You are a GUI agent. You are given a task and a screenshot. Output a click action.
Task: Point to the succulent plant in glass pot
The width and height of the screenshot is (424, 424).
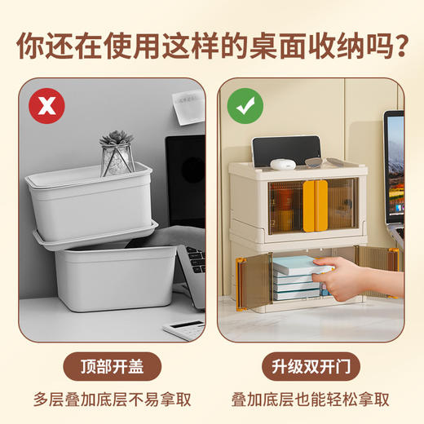click(117, 154)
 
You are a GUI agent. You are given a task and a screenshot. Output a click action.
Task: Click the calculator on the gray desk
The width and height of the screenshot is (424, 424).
click(183, 328)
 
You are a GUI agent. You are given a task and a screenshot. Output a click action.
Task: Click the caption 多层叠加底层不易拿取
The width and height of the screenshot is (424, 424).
click(113, 400)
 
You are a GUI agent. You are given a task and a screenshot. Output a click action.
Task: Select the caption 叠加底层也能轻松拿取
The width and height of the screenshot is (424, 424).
click(311, 400)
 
